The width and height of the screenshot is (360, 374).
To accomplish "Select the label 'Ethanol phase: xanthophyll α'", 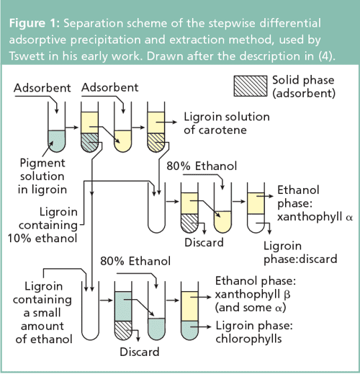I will tap(309, 205).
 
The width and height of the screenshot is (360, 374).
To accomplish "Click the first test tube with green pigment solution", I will tap(55, 126).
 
